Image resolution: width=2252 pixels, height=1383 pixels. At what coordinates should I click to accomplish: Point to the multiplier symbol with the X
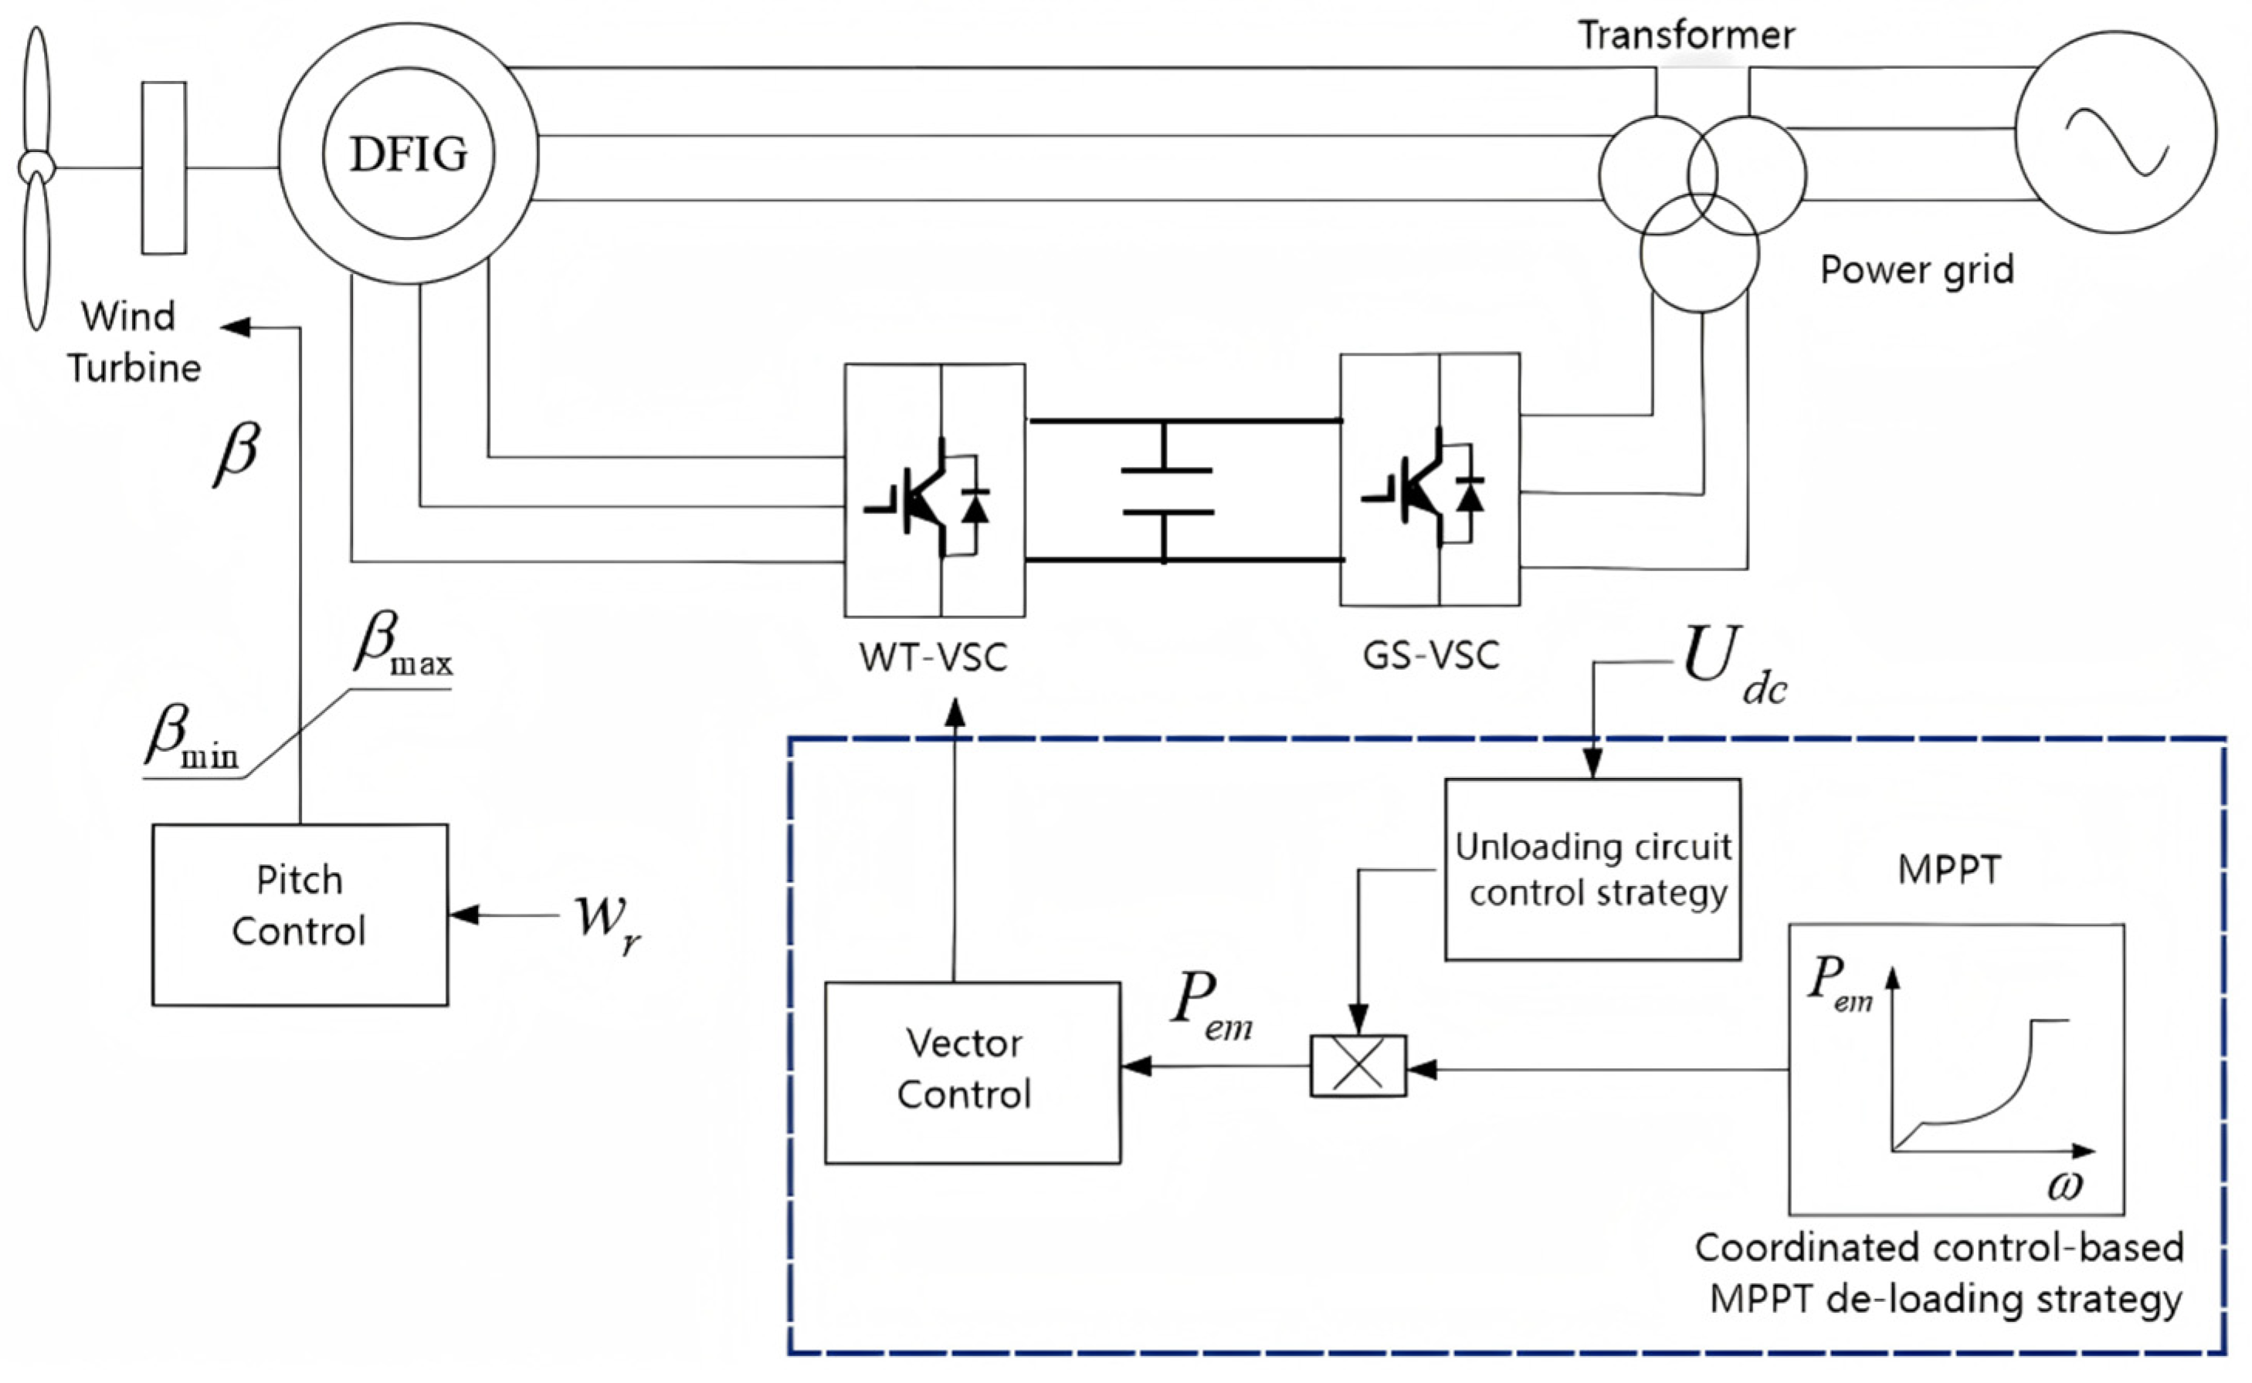(1358, 1066)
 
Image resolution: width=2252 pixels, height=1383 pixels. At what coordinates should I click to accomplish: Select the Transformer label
(1686, 35)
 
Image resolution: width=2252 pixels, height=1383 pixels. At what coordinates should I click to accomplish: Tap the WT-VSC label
(934, 657)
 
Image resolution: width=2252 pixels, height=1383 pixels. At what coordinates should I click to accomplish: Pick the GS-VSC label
(1431, 655)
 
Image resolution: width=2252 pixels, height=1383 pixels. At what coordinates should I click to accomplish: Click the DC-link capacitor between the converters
(1165, 491)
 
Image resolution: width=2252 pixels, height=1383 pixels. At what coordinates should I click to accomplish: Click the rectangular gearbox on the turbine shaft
(164, 167)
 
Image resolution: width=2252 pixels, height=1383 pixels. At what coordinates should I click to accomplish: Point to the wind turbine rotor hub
(36, 167)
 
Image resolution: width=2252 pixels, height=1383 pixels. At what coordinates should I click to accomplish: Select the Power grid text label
(1917, 270)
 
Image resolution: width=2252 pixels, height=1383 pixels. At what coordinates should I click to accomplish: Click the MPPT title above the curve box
(1949, 869)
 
